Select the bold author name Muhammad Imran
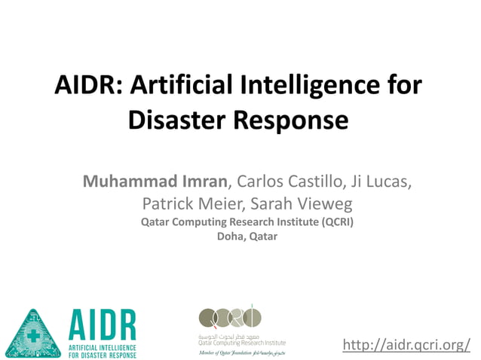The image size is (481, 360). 154,182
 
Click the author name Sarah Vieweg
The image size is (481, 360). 293,203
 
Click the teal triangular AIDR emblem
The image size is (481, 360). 33,332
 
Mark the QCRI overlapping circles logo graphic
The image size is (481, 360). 229,316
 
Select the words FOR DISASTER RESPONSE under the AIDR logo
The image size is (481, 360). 103,354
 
